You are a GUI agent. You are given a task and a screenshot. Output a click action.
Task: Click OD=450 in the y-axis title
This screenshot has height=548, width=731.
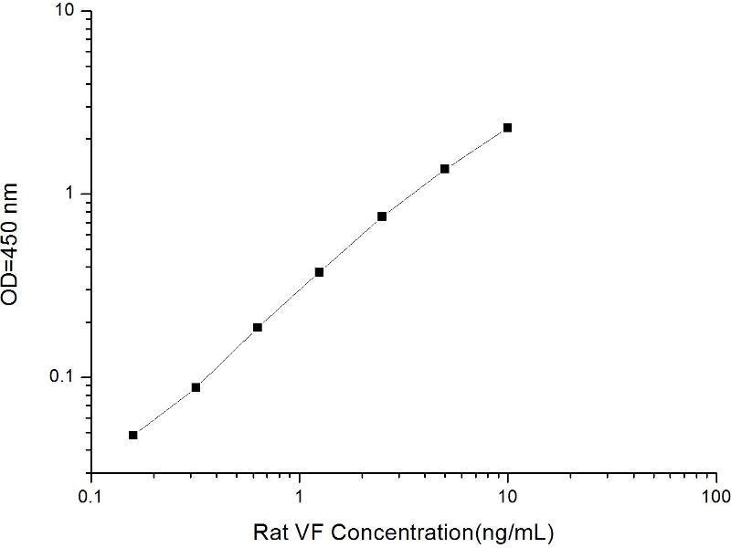[19, 274]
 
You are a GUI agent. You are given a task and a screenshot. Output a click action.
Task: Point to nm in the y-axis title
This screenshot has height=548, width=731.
[19, 196]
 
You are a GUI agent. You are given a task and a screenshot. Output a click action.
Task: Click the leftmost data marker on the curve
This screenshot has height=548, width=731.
[133, 435]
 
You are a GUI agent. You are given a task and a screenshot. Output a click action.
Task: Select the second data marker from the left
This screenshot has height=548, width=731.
[196, 387]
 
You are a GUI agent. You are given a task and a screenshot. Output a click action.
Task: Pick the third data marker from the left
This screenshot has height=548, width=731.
[258, 327]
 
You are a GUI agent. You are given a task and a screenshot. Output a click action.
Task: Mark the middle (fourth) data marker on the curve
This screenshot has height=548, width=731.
[320, 272]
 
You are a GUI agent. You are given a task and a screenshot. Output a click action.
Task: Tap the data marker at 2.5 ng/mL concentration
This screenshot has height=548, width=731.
[382, 216]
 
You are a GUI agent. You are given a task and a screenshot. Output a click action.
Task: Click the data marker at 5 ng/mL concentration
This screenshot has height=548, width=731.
[445, 169]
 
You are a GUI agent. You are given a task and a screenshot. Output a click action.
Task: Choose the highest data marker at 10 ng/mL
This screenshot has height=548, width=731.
[507, 128]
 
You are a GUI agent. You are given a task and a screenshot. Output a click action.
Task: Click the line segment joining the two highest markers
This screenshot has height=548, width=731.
[476, 148]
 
